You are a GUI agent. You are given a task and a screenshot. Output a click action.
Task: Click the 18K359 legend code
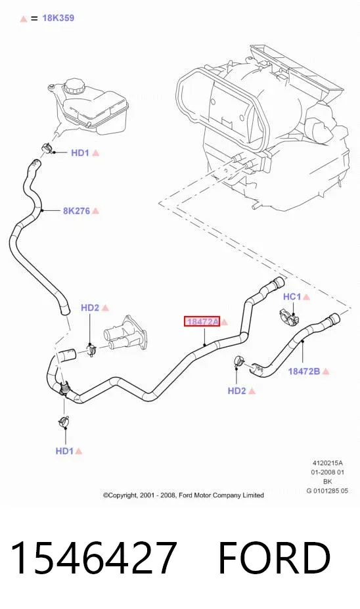tap(58, 18)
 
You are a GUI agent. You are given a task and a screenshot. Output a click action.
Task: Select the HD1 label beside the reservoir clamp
tap(80, 153)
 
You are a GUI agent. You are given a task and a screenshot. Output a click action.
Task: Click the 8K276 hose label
tap(76, 211)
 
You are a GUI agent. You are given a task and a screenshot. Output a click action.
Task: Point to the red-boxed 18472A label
tap(202, 322)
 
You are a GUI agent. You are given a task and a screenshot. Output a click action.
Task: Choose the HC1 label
tap(292, 297)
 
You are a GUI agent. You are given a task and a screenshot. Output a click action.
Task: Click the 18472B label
tap(304, 371)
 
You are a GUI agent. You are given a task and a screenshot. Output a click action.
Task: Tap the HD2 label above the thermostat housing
tap(90, 307)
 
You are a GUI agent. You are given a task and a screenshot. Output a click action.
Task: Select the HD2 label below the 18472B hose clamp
tap(237, 391)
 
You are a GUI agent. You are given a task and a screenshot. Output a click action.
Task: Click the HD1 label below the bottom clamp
tap(64, 451)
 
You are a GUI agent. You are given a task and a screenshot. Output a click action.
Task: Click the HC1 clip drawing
tap(288, 318)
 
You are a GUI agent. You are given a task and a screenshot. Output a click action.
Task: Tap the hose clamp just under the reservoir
tap(47, 148)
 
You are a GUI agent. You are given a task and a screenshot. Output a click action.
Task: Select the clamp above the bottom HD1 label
tap(64, 421)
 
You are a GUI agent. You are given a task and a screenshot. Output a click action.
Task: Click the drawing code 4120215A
tap(327, 463)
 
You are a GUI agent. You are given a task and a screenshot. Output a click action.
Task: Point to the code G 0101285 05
tap(327, 491)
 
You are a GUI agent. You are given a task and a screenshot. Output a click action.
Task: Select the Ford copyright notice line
tap(183, 495)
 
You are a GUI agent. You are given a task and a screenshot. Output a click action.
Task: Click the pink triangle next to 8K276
tap(95, 211)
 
